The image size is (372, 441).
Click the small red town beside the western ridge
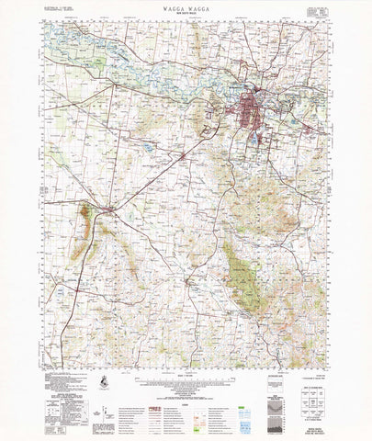pos(109,210)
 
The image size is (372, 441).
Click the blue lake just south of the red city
pos(249,137)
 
